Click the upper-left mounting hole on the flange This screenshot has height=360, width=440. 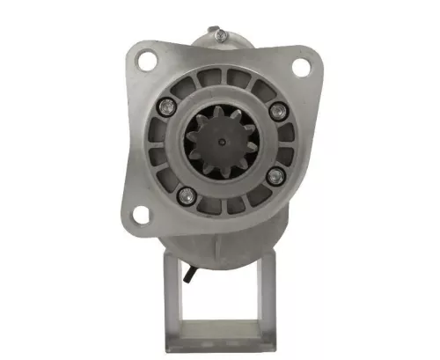click(147, 61)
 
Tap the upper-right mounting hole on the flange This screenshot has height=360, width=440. click(298, 64)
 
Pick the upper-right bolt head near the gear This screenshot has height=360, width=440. click(279, 110)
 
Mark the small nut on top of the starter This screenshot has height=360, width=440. click(220, 34)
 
